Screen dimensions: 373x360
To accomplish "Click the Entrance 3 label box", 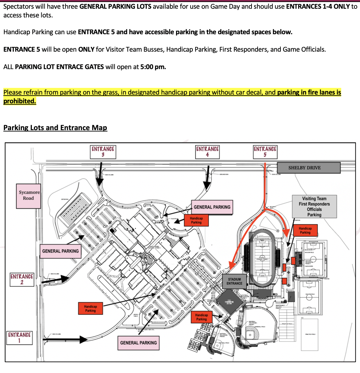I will click(103, 151).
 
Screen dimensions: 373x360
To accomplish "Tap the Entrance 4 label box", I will click(208, 151).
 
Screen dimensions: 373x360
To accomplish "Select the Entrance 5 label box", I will click(265, 151).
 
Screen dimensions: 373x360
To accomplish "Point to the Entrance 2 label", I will click(22, 279).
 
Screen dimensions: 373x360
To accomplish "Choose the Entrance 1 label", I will click(19, 337).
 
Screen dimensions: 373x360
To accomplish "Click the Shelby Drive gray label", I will click(309, 168).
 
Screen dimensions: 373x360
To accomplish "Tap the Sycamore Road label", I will click(29, 196).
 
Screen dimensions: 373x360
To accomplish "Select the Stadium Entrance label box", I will click(234, 281).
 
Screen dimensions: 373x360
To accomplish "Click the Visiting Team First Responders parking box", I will click(314, 207).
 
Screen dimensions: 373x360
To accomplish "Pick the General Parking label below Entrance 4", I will click(212, 207).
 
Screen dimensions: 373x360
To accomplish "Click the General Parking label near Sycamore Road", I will click(60, 251).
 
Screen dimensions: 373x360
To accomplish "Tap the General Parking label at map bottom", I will click(138, 342).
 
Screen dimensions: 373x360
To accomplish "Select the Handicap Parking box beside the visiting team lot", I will click(305, 230).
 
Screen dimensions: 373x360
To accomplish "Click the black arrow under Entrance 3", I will click(100, 174).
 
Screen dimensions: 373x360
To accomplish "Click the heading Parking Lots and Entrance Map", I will click(55, 128).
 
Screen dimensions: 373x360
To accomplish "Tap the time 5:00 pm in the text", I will click(153, 67).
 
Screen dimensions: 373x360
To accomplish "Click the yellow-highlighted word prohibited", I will click(19, 101).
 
